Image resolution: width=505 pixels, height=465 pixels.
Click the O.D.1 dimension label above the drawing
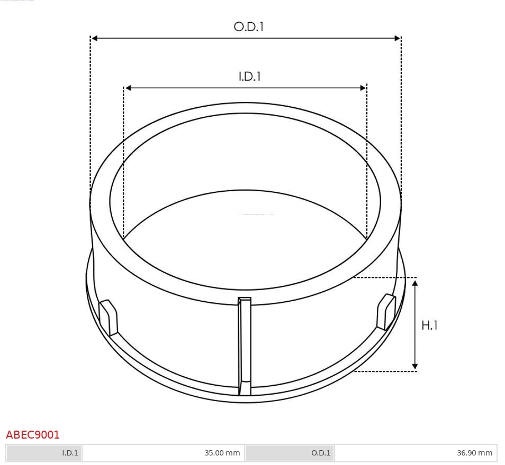(249, 27)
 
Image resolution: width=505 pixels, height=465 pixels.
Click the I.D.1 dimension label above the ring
(250, 77)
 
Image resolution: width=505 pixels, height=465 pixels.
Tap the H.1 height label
(429, 325)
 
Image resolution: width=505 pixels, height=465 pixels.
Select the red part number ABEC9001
(32, 435)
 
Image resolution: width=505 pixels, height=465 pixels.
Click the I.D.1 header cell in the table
(44, 453)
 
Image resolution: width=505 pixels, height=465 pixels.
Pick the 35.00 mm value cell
(164, 453)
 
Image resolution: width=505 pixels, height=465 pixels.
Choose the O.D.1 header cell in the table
(290, 453)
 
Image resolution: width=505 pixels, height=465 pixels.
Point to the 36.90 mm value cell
(416, 453)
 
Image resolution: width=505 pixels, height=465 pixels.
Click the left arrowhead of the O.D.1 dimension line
(94, 38)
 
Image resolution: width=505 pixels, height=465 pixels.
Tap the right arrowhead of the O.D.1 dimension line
(398, 38)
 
